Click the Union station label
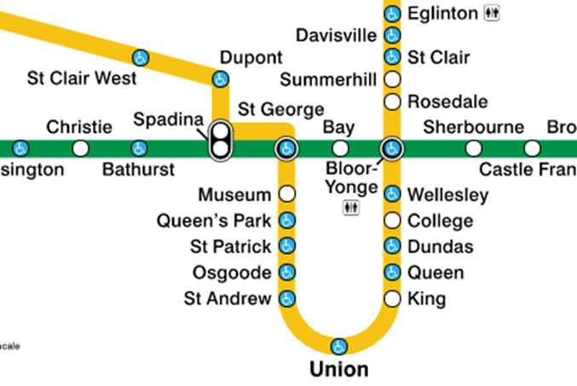click(338, 370)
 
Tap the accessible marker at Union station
click(339, 346)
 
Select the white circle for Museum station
click(287, 194)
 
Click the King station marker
click(392, 299)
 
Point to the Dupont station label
click(251, 58)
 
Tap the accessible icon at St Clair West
click(141, 58)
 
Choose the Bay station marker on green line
click(341, 149)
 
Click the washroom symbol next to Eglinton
click(492, 13)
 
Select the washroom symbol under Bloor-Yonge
click(352, 208)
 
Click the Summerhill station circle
click(392, 80)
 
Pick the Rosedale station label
click(447, 102)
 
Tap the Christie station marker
click(80, 149)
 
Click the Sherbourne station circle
click(474, 149)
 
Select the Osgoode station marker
click(287, 274)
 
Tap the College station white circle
click(392, 222)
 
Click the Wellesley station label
click(447, 195)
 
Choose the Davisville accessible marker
click(392, 35)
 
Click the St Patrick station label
click(230, 247)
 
